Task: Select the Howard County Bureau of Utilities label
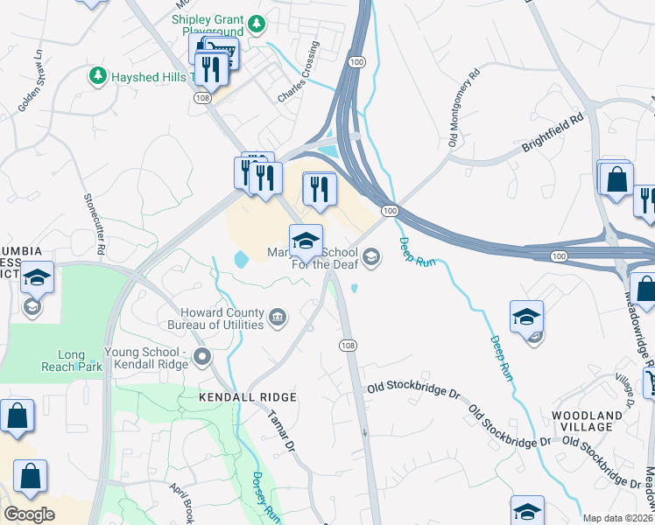tap(222, 318)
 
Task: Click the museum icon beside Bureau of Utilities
tap(278, 316)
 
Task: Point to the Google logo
tap(29, 514)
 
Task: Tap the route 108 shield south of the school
tap(348, 346)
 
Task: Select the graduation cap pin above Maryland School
tap(306, 241)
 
